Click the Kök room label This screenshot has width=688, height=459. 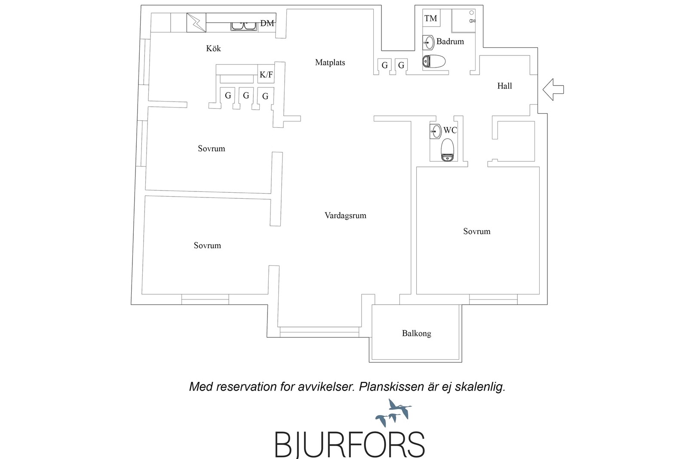coord(213,48)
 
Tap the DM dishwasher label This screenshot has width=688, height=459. coord(267,23)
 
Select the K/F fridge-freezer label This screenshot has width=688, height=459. coord(266,74)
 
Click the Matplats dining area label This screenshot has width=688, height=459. coord(330,63)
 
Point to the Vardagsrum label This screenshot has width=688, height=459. coord(346,216)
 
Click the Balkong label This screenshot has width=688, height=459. coord(417,333)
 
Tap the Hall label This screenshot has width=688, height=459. coord(505,86)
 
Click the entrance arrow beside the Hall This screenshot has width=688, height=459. coord(553,89)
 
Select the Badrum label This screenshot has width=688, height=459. coord(450,41)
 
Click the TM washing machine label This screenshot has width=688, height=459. coord(430,18)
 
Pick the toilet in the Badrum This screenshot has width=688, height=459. coord(434,62)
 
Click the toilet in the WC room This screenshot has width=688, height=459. coord(448,150)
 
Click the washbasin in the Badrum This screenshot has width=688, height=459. coord(428,43)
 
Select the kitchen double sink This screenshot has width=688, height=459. coord(244,26)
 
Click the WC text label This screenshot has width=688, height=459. coord(450,130)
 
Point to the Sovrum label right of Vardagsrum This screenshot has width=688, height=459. coord(477,231)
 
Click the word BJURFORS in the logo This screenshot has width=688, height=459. coord(350,444)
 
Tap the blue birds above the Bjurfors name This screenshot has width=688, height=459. coord(394,413)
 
